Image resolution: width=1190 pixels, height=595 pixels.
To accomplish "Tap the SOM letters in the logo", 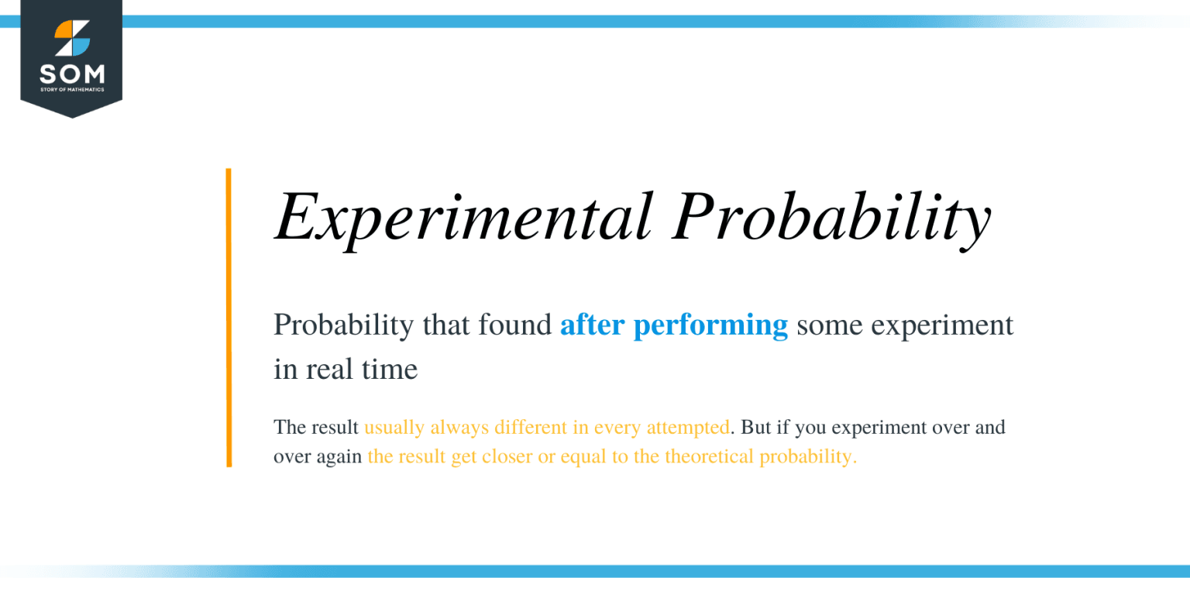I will (71, 75).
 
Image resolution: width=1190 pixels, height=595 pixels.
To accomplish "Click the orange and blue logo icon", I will (71, 39).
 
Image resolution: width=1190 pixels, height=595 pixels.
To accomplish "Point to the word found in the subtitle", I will (518, 325).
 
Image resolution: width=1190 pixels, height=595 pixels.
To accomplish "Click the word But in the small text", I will (754, 427).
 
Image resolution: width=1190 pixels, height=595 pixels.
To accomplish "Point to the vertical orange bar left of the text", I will (229, 318).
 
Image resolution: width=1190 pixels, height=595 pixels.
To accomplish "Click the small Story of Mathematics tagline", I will (71, 90).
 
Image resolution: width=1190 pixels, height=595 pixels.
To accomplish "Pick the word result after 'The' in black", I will (333, 427).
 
